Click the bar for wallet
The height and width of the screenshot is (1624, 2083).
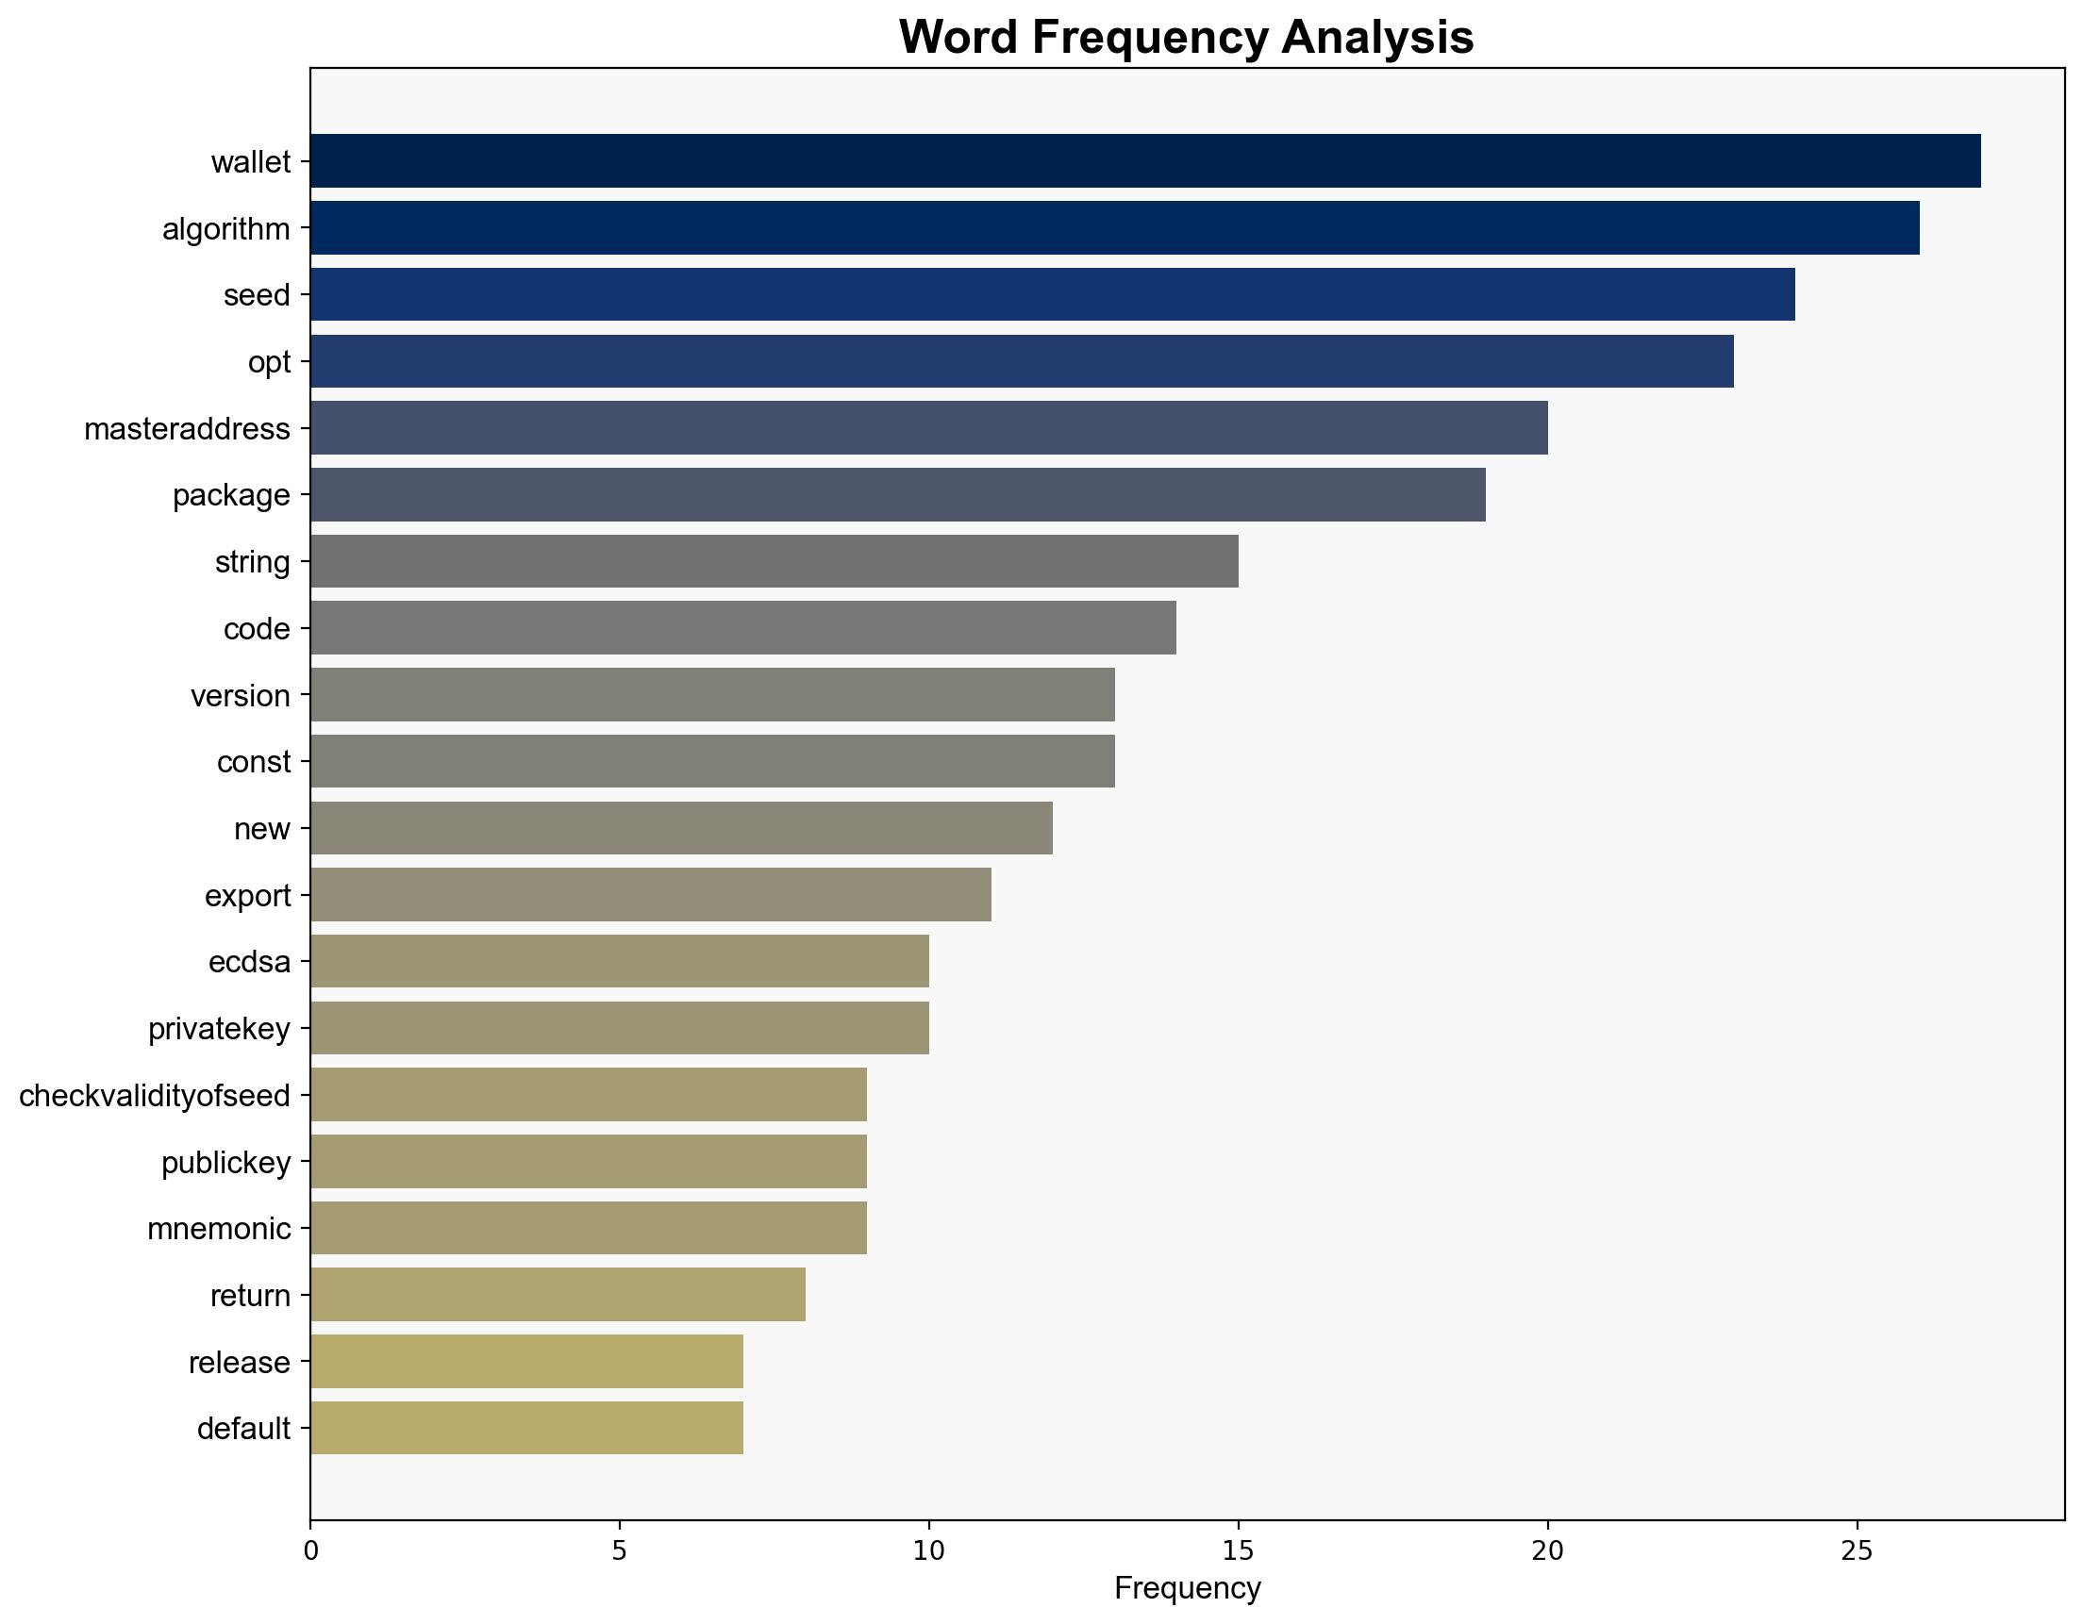click(x=1144, y=161)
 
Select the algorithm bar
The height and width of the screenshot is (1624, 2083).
click(x=1114, y=228)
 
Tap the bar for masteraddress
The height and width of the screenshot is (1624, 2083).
click(x=928, y=428)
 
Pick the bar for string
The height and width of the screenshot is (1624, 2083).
click(x=774, y=562)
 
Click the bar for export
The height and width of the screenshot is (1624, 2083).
click(x=650, y=894)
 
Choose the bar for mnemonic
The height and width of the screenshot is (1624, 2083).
click(x=589, y=1228)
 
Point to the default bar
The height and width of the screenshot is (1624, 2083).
click(x=526, y=1428)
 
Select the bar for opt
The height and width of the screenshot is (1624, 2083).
click(x=1022, y=361)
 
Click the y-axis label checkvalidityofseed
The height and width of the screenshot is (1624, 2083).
click(x=155, y=1096)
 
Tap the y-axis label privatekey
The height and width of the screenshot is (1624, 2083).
click(x=220, y=1029)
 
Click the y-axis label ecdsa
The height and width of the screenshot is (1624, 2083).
click(x=249, y=962)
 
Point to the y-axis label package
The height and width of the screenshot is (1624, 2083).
click(x=231, y=495)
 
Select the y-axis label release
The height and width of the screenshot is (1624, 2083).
click(x=240, y=1362)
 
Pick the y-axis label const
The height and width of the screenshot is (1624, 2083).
click(x=254, y=762)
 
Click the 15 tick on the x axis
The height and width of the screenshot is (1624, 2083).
click(x=1238, y=1551)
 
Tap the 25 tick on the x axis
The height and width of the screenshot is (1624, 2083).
click(x=1856, y=1551)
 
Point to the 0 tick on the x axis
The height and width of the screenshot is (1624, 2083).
click(x=311, y=1551)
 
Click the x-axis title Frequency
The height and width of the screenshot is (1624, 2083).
click(x=1187, y=1588)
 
